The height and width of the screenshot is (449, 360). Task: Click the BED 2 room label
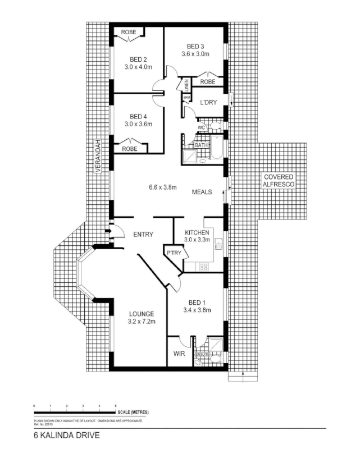tap(138, 59)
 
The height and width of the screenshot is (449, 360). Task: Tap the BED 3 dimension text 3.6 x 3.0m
tap(195, 54)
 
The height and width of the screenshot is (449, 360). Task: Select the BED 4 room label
tap(138, 116)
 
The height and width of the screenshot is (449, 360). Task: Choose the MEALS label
tap(202, 192)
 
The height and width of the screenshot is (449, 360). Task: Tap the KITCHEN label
tap(197, 232)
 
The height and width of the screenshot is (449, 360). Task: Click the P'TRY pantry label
tap(173, 253)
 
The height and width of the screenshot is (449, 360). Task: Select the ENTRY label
tap(144, 235)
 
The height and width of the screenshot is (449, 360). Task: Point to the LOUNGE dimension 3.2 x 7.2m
tap(140, 322)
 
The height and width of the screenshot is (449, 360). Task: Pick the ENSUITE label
tap(202, 355)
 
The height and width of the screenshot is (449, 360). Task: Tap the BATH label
tap(201, 145)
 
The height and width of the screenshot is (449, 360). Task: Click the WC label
tap(200, 127)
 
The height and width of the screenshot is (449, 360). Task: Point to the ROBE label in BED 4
tap(130, 149)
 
